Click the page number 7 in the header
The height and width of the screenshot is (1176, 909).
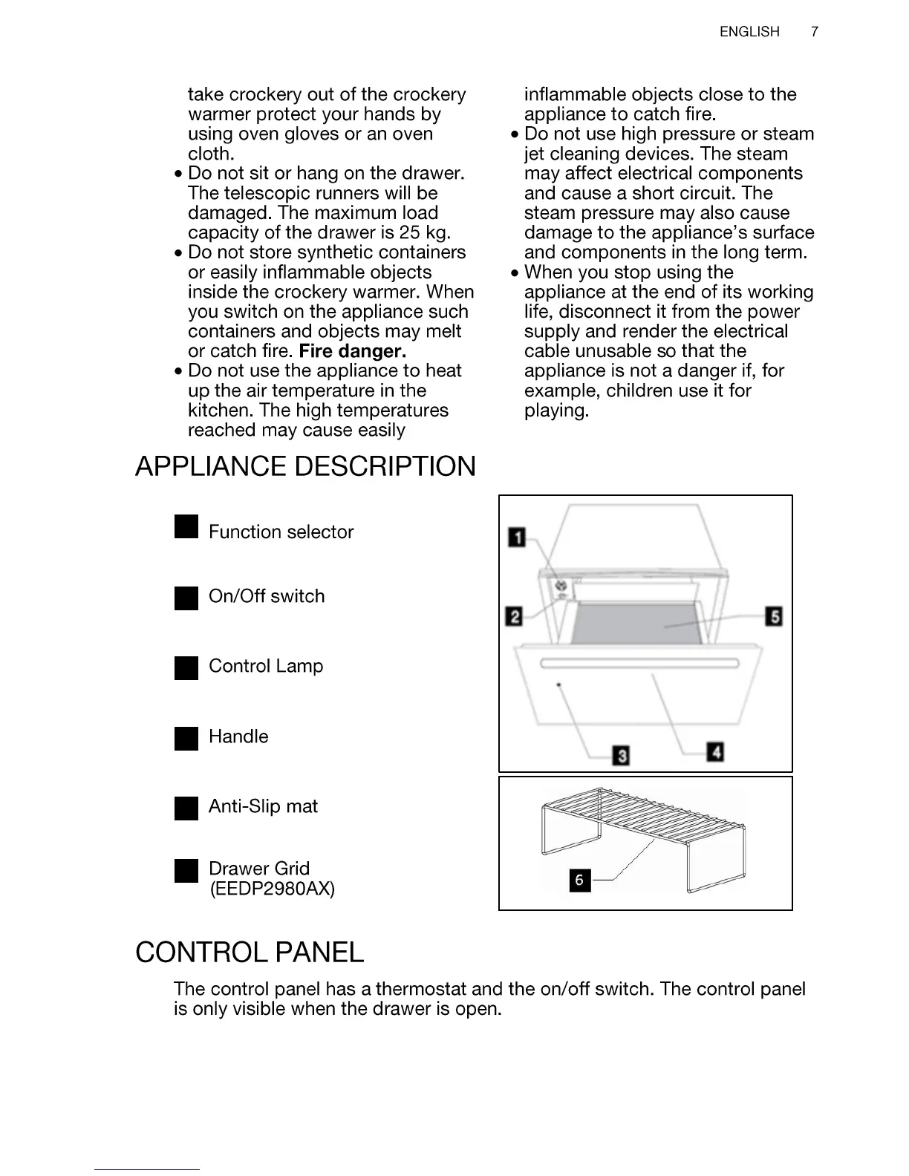[x=815, y=32]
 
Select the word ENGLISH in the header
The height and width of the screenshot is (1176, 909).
[x=749, y=32]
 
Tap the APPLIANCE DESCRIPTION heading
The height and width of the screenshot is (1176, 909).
[x=305, y=467]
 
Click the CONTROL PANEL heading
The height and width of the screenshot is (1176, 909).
[x=250, y=953]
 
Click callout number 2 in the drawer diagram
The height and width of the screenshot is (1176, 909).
[x=513, y=616]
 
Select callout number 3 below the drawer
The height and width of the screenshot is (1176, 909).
[x=621, y=756]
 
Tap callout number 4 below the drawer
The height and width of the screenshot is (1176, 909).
[x=715, y=752]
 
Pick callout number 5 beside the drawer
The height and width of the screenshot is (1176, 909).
[x=774, y=616]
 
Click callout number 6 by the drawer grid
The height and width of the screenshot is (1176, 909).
[x=579, y=881]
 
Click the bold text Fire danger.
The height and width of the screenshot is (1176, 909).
[x=352, y=351]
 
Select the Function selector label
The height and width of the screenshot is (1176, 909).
[x=281, y=532]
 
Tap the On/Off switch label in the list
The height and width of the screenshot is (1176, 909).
[x=267, y=597]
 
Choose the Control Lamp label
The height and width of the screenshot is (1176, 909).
[x=266, y=666]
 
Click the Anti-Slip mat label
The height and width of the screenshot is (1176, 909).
[x=263, y=807]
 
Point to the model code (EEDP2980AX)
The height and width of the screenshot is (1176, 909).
[x=272, y=889]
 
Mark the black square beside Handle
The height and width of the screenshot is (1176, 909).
[x=186, y=739]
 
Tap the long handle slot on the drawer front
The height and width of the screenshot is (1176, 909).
[x=639, y=663]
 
